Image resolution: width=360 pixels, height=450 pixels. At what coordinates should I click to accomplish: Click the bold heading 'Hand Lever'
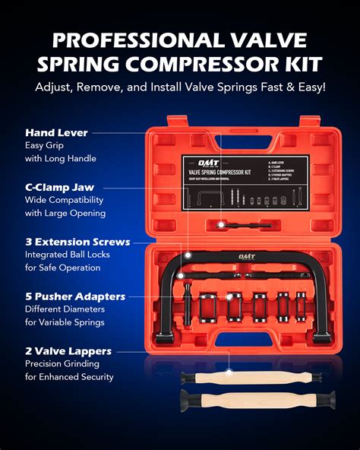click(56, 133)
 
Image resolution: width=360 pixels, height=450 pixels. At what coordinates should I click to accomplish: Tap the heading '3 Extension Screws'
click(77, 242)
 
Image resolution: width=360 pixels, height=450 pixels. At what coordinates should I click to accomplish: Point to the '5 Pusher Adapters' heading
click(74, 296)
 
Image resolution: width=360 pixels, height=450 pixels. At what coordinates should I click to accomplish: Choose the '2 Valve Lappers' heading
click(68, 351)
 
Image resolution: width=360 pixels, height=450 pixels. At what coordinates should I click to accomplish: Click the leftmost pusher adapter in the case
click(210, 307)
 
